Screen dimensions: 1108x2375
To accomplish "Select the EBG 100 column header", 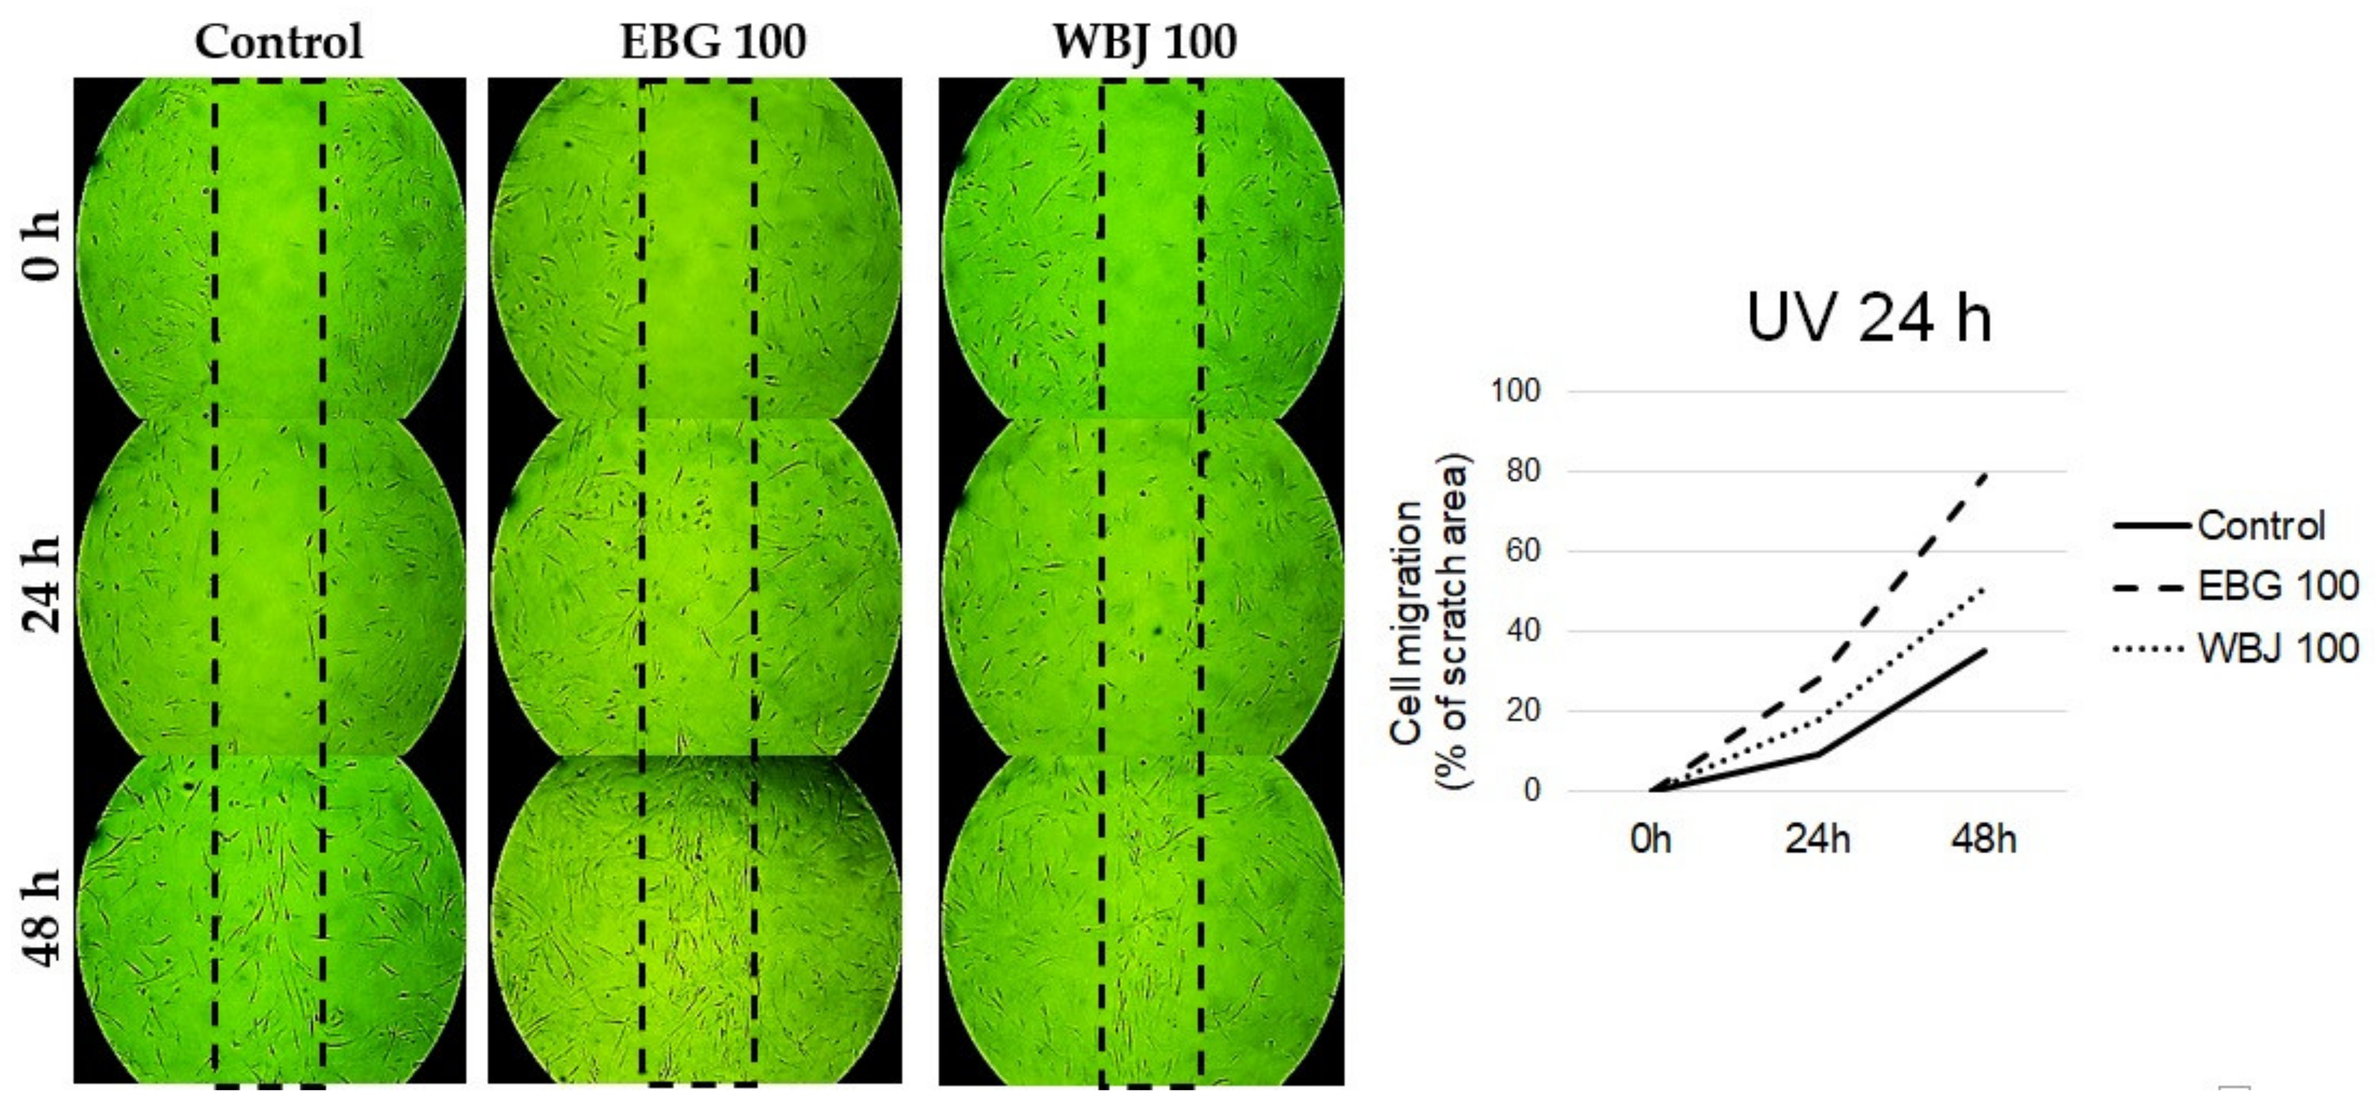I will point(713,42).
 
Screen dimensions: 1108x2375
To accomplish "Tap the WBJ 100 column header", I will point(1144,42).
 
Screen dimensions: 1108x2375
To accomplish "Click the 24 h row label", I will point(42,584).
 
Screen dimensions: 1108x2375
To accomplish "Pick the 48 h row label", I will point(42,919).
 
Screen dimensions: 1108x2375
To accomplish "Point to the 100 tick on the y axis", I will point(1516,391).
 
